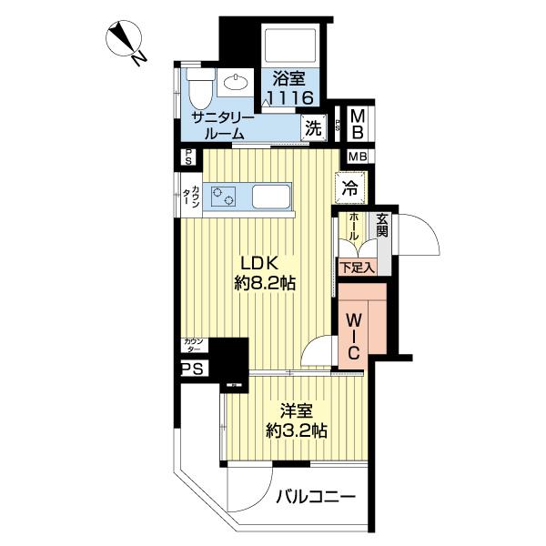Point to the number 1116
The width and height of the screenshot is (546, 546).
(289, 98)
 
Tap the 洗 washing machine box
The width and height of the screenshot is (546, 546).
(312, 127)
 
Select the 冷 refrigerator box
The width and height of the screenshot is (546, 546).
(349, 189)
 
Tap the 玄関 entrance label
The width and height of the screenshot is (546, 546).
(382, 226)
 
